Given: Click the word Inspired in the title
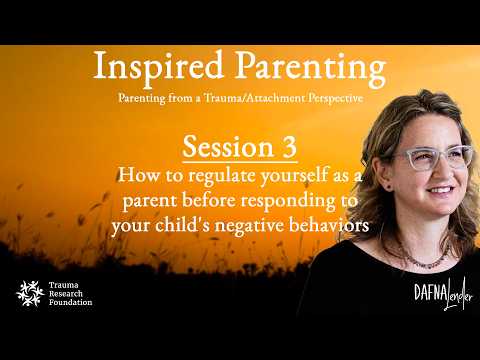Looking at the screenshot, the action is pos(158,67).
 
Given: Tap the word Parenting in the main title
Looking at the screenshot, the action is pos(310,68).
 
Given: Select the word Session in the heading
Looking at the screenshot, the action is pos(228,147).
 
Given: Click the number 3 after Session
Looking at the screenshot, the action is pos(289,147).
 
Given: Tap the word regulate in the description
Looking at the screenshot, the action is pos(222,176).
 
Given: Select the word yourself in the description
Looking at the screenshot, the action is pos(294,176).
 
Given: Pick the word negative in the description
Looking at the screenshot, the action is pos(250,226).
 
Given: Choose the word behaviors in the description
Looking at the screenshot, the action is pos(329,225).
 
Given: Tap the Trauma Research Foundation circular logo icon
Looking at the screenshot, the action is pos(30,293).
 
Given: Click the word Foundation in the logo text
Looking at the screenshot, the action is pos(71,302).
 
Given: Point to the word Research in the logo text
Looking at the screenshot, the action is pos(66,294).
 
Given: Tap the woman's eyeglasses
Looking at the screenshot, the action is pos(434,158).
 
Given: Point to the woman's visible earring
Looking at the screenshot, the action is pos(389,187).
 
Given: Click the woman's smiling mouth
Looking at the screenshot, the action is pos(441,191).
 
